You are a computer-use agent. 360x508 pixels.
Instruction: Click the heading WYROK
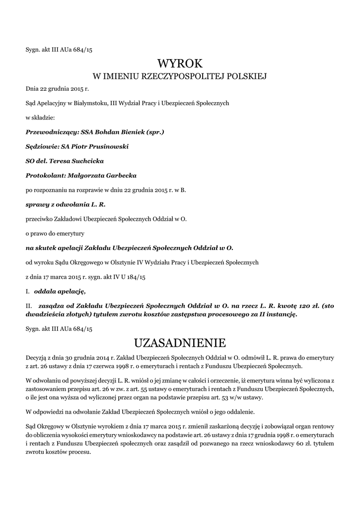point(180,63)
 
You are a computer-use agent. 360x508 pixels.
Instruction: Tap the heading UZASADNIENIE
point(180,342)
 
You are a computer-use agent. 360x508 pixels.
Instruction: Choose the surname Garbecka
point(120,176)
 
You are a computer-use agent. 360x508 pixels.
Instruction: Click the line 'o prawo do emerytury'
point(55,233)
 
